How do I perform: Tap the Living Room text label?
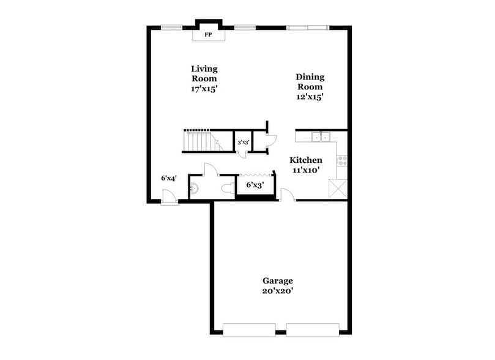tap(204, 73)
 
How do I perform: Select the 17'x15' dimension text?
tap(204, 88)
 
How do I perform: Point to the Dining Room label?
tap(310, 81)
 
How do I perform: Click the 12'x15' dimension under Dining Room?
tap(310, 96)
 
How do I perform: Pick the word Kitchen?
tap(305, 160)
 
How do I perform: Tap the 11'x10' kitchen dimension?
tap(305, 170)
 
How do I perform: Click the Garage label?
tap(278, 280)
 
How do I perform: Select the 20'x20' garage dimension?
tap(278, 291)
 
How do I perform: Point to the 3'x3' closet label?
tap(243, 143)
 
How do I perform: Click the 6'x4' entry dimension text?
tap(169, 178)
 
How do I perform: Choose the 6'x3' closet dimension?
tap(255, 184)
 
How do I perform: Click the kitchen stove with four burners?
tap(342, 160)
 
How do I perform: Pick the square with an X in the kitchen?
tap(338, 187)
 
